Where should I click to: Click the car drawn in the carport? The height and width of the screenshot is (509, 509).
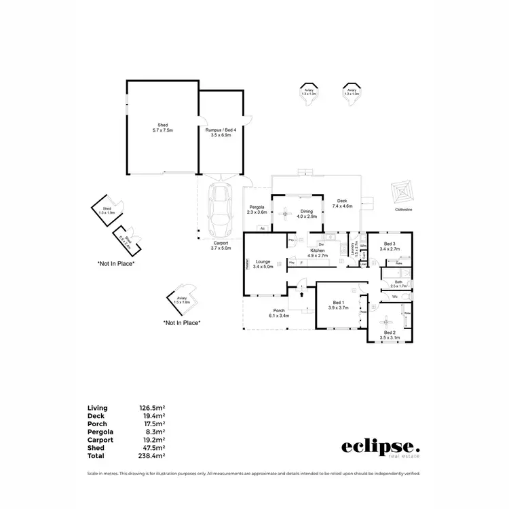(219, 208)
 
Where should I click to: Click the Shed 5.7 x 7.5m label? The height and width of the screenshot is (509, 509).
(163, 128)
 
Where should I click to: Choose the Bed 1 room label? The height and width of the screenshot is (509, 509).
(338, 305)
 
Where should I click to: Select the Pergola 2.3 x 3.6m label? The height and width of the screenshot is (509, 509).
(256, 210)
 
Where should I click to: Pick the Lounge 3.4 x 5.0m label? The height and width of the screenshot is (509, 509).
(262, 264)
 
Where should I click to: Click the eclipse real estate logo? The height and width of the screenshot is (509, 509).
(380, 448)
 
